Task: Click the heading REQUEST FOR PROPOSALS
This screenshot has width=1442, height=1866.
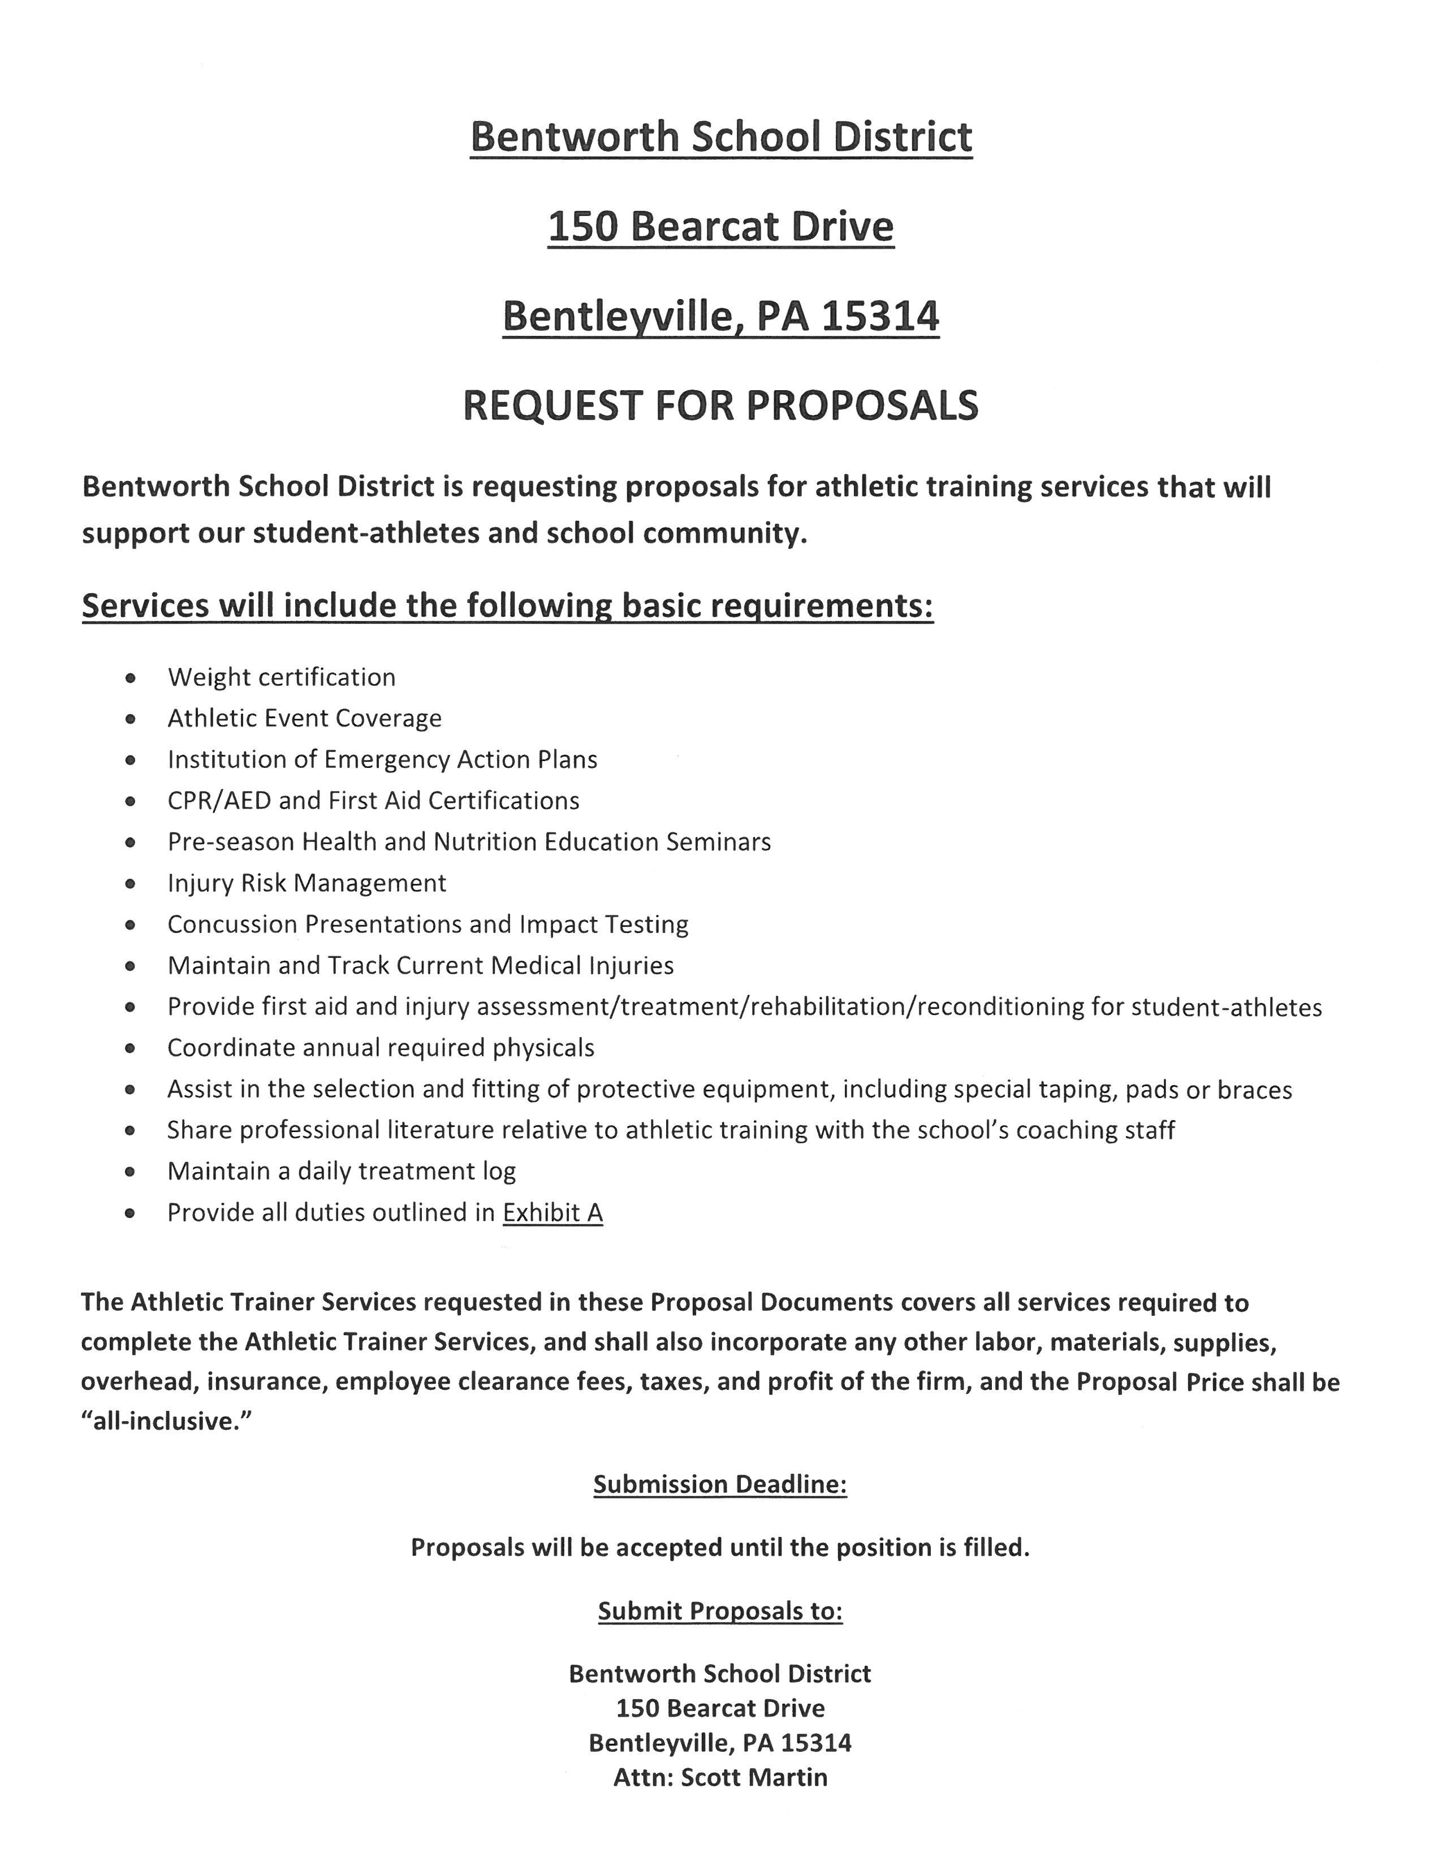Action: click(x=720, y=406)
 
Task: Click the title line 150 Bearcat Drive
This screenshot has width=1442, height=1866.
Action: click(x=720, y=226)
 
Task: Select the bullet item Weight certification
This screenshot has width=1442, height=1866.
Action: click(x=281, y=677)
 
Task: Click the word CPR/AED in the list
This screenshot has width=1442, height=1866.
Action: click(x=219, y=801)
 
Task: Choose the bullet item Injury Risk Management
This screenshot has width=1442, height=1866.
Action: click(x=306, y=883)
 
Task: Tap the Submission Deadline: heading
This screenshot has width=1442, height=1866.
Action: click(x=719, y=1485)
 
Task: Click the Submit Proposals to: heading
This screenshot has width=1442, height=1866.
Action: click(x=719, y=1612)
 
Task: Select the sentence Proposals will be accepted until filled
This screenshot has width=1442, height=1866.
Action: click(x=719, y=1547)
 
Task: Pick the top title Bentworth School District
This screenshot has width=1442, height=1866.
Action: click(x=720, y=137)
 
